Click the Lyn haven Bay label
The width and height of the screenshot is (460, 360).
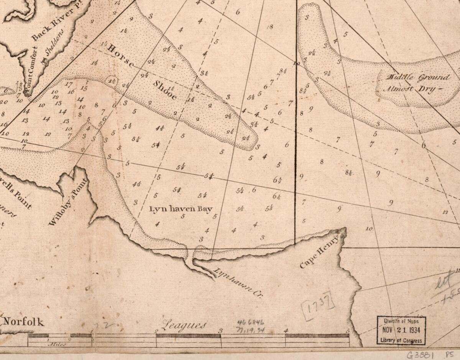click(x=181, y=209)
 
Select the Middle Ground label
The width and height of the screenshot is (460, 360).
click(x=418, y=77)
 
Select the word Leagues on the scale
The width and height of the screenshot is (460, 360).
click(x=184, y=325)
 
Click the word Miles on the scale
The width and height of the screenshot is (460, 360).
click(x=56, y=344)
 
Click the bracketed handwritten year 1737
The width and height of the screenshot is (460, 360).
click(x=318, y=306)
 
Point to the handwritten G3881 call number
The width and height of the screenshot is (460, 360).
click(x=420, y=354)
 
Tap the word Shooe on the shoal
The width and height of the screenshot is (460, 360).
click(x=166, y=90)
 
